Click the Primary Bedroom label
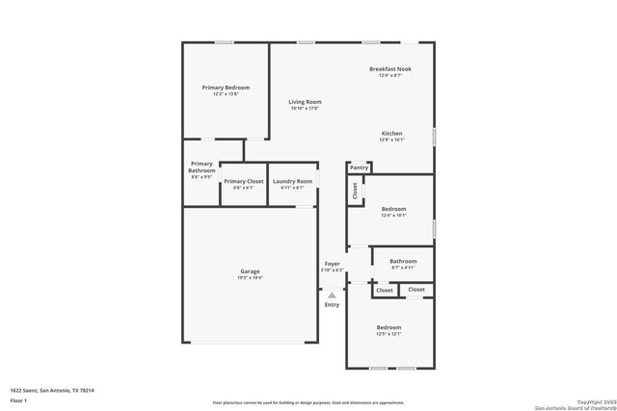[x=226, y=88]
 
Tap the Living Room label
[x=305, y=101]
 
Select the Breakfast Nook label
[x=390, y=68]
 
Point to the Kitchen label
[x=391, y=133]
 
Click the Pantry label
[x=359, y=167]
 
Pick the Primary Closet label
[x=243, y=181]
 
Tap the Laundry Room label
[x=292, y=181]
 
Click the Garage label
[x=250, y=271]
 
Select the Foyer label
[x=332, y=263]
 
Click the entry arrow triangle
[x=332, y=295]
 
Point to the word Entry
[x=332, y=305]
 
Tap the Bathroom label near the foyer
[x=403, y=261]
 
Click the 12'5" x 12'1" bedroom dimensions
[x=389, y=334]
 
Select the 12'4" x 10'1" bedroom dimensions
[x=393, y=216]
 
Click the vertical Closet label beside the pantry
[x=355, y=192]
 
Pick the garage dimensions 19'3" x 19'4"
[x=250, y=278]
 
